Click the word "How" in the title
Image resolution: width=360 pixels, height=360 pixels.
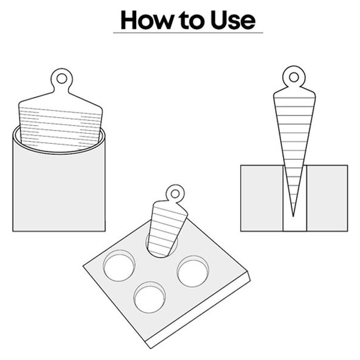click(146, 20)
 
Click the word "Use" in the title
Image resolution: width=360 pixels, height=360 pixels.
click(232, 20)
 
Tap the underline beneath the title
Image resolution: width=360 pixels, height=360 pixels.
click(188, 33)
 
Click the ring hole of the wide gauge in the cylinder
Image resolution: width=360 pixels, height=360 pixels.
click(61, 78)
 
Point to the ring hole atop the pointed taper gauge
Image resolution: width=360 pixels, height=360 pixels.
click(294, 78)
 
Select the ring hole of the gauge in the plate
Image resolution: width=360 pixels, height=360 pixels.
click(175, 194)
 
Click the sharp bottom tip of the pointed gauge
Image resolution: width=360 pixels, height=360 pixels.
click(293, 216)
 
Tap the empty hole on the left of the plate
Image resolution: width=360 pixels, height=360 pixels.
click(119, 265)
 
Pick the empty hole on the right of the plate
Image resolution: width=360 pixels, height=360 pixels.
click(193, 272)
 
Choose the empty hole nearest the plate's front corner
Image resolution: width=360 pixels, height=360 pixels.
click(150, 297)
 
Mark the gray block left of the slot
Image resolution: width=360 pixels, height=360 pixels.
click(261, 198)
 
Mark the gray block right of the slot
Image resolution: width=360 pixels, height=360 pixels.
click(327, 198)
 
